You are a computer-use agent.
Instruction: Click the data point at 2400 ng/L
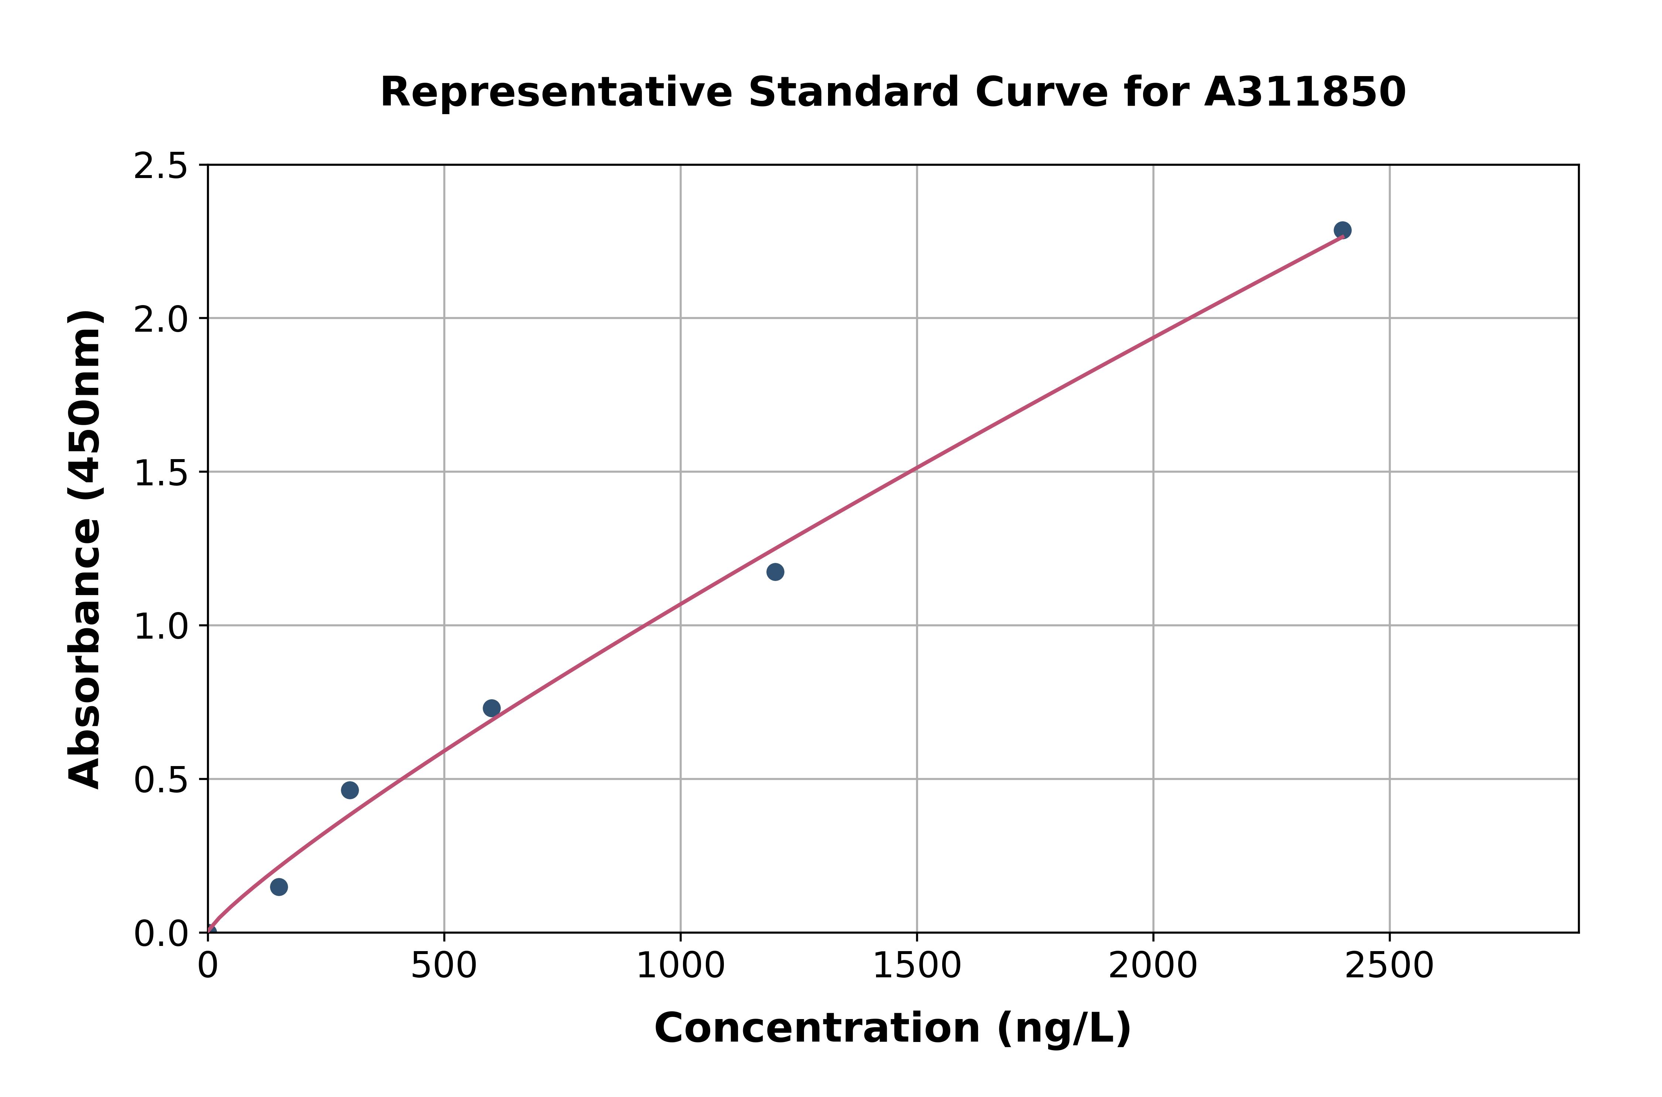pyautogui.click(x=1342, y=230)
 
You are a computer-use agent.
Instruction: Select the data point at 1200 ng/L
pyautogui.click(x=775, y=572)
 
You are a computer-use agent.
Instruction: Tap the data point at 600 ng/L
pyautogui.click(x=492, y=708)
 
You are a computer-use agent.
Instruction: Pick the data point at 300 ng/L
pyautogui.click(x=350, y=790)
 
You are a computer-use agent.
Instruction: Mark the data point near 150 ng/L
pyautogui.click(x=279, y=887)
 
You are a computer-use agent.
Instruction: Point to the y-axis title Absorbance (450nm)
pyautogui.click(x=85, y=549)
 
